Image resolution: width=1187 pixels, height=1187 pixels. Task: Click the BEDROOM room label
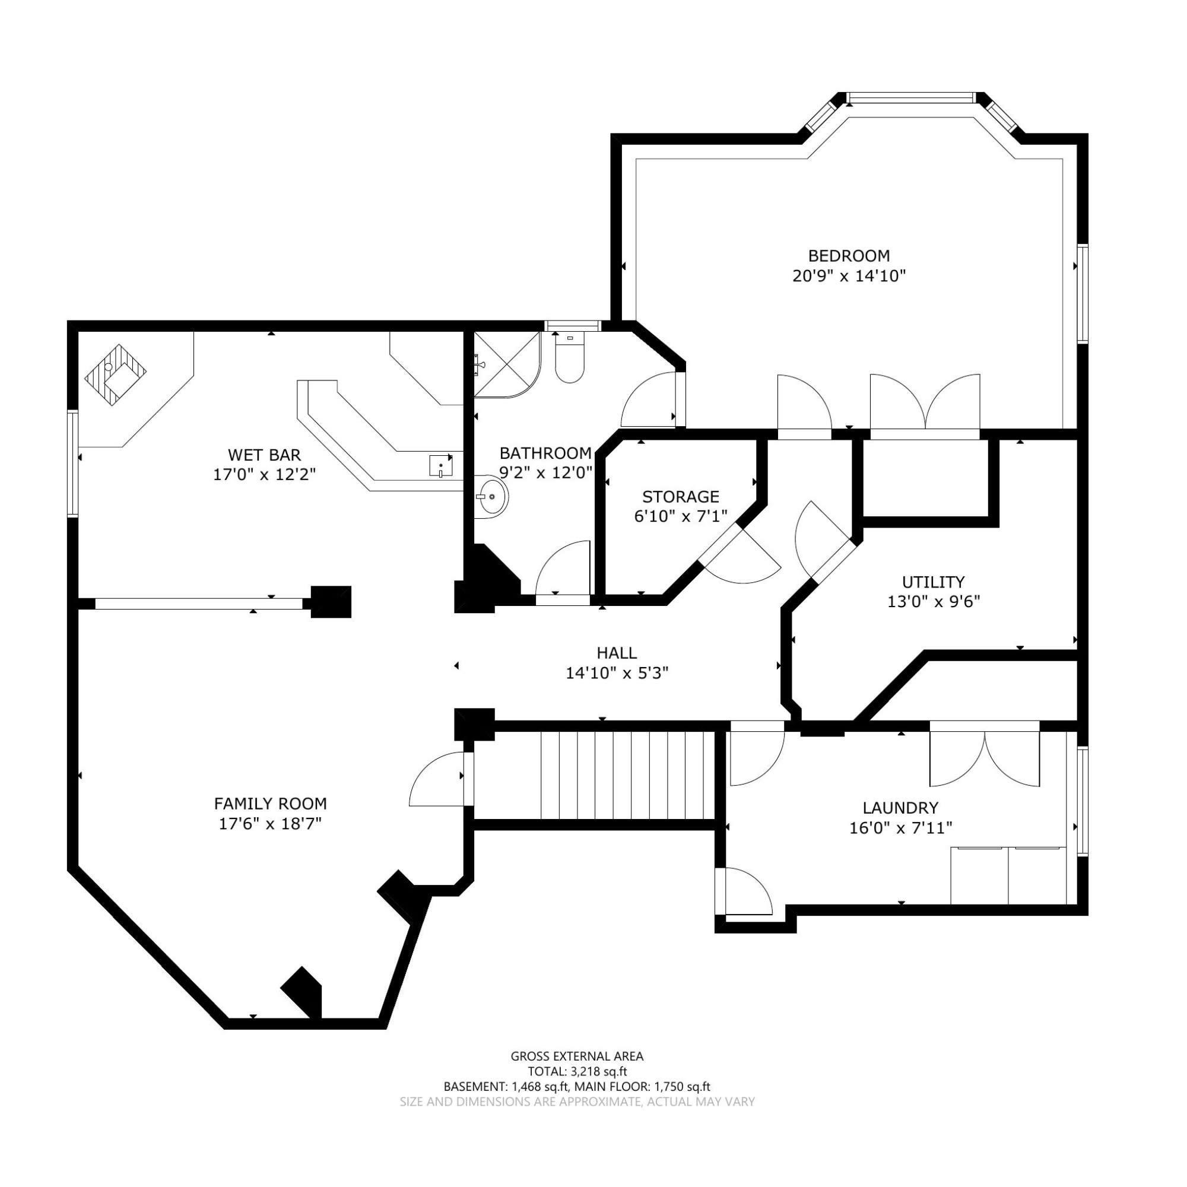coord(849,255)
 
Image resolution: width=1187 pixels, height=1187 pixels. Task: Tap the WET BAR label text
coord(264,455)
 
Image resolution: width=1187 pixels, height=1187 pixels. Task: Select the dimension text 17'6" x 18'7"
coord(270,823)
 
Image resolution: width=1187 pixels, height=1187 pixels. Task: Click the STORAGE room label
coord(681,496)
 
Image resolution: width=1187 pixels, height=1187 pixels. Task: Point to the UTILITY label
coord(933,581)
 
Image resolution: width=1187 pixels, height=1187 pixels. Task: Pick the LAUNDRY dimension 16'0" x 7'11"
coord(901,828)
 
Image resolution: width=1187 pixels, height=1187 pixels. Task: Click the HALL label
coord(617,652)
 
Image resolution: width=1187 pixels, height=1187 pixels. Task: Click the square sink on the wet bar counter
coord(440,466)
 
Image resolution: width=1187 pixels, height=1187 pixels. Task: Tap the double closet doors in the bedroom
coord(925,405)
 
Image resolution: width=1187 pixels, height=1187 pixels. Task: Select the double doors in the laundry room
coord(984,756)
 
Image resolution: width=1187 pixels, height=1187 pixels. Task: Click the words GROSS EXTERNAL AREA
coord(577,1056)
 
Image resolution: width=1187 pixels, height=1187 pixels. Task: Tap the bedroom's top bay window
coord(910,98)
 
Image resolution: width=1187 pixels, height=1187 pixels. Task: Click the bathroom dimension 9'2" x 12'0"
coord(545,472)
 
